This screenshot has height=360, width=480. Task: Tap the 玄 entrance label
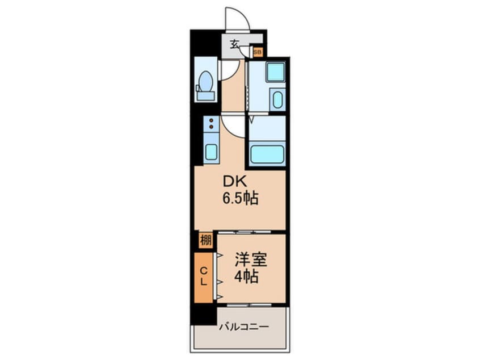click(234, 44)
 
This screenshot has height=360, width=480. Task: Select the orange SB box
click(258, 52)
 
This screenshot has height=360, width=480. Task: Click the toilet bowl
click(205, 82)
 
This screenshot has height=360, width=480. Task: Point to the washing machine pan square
click(275, 72)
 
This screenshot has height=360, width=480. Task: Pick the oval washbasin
click(277, 101)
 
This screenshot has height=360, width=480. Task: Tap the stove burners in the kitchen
click(210, 124)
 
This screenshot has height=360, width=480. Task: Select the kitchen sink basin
click(210, 152)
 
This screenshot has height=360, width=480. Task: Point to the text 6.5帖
click(240, 199)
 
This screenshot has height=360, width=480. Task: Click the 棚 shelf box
click(205, 240)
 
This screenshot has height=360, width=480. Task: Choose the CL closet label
click(204, 278)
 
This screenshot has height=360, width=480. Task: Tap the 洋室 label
click(250, 259)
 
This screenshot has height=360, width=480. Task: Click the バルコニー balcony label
click(244, 328)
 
